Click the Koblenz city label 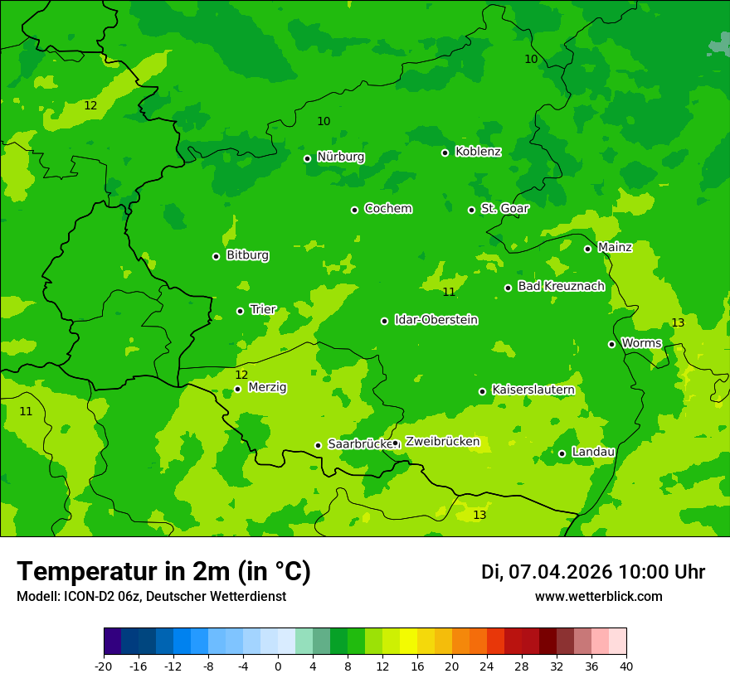tap(478, 152)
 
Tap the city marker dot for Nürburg tap(307, 158)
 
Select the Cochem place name tap(387, 209)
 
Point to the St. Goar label tap(504, 209)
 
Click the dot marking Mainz tap(587, 249)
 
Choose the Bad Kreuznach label tap(561, 286)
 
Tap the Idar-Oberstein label tap(436, 320)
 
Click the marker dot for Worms tap(611, 344)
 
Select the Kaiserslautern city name tap(533, 390)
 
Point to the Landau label tap(592, 452)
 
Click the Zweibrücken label tap(442, 442)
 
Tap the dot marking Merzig tap(237, 389)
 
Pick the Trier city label tap(263, 309)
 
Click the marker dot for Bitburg tap(216, 256)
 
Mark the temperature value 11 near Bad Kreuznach tap(449, 292)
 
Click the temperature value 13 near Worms tap(678, 322)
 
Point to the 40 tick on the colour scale tap(626, 666)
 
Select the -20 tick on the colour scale tap(104, 666)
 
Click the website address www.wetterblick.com tap(598, 597)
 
